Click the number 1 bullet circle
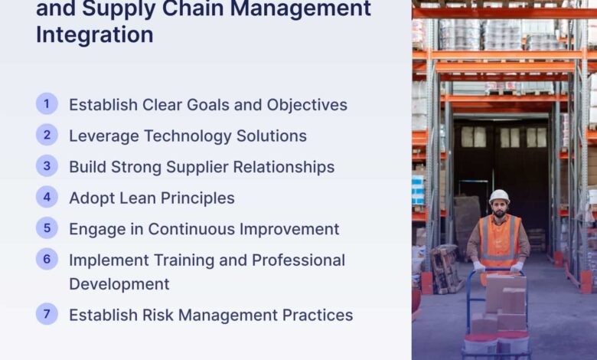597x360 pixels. point(47,103)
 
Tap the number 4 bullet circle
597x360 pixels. point(47,197)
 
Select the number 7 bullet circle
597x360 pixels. point(47,314)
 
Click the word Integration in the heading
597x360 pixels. point(95,35)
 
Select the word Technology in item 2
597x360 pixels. point(188,136)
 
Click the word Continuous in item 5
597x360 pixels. point(191,229)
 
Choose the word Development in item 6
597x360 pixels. point(119,285)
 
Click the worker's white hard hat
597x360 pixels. point(499,196)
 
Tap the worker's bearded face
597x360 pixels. point(499,209)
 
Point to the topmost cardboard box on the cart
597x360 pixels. point(506,288)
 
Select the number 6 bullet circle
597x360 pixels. point(47,259)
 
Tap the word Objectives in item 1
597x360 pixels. point(307,106)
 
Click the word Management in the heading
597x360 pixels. point(300,8)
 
